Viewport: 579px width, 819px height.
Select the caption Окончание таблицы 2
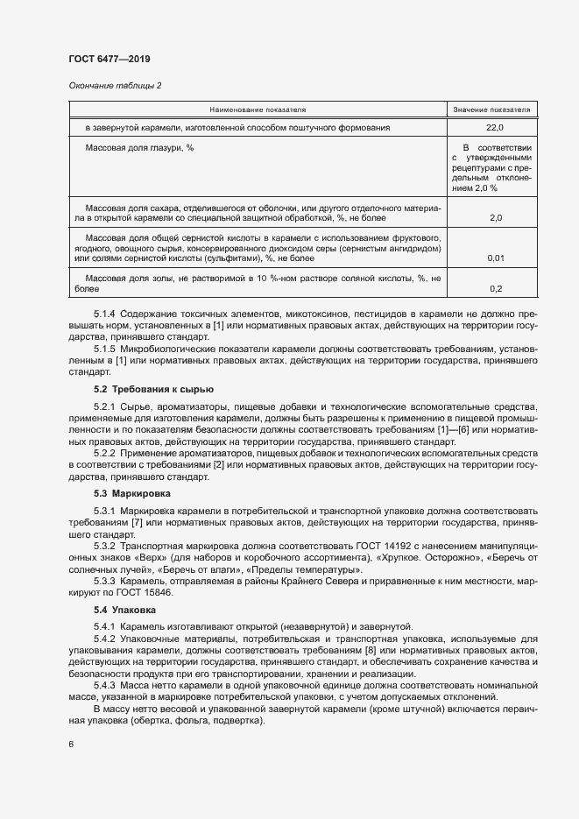pos(115,85)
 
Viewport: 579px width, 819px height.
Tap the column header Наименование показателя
pos(257,110)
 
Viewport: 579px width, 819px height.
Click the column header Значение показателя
pos(491,110)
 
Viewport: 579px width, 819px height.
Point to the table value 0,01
pos(495,258)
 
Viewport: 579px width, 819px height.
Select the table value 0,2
pos(495,288)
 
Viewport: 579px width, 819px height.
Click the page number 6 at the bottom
pos(71,745)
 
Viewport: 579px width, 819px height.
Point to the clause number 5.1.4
pos(104,314)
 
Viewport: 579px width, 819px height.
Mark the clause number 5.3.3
pos(104,582)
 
